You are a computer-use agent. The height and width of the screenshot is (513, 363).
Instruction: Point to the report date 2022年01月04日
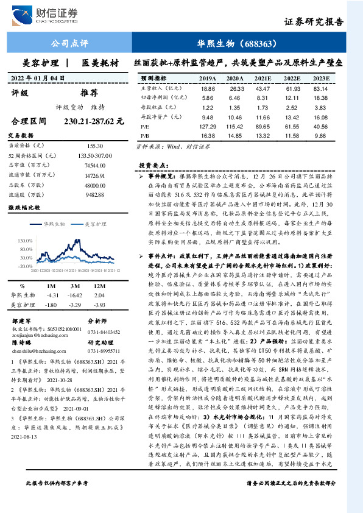[x=38, y=78]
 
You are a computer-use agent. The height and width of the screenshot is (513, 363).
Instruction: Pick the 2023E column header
[x=337, y=79]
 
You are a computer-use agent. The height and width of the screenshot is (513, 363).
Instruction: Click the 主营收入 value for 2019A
[x=208, y=88]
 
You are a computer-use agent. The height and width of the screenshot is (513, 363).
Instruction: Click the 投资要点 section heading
[x=152, y=166]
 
